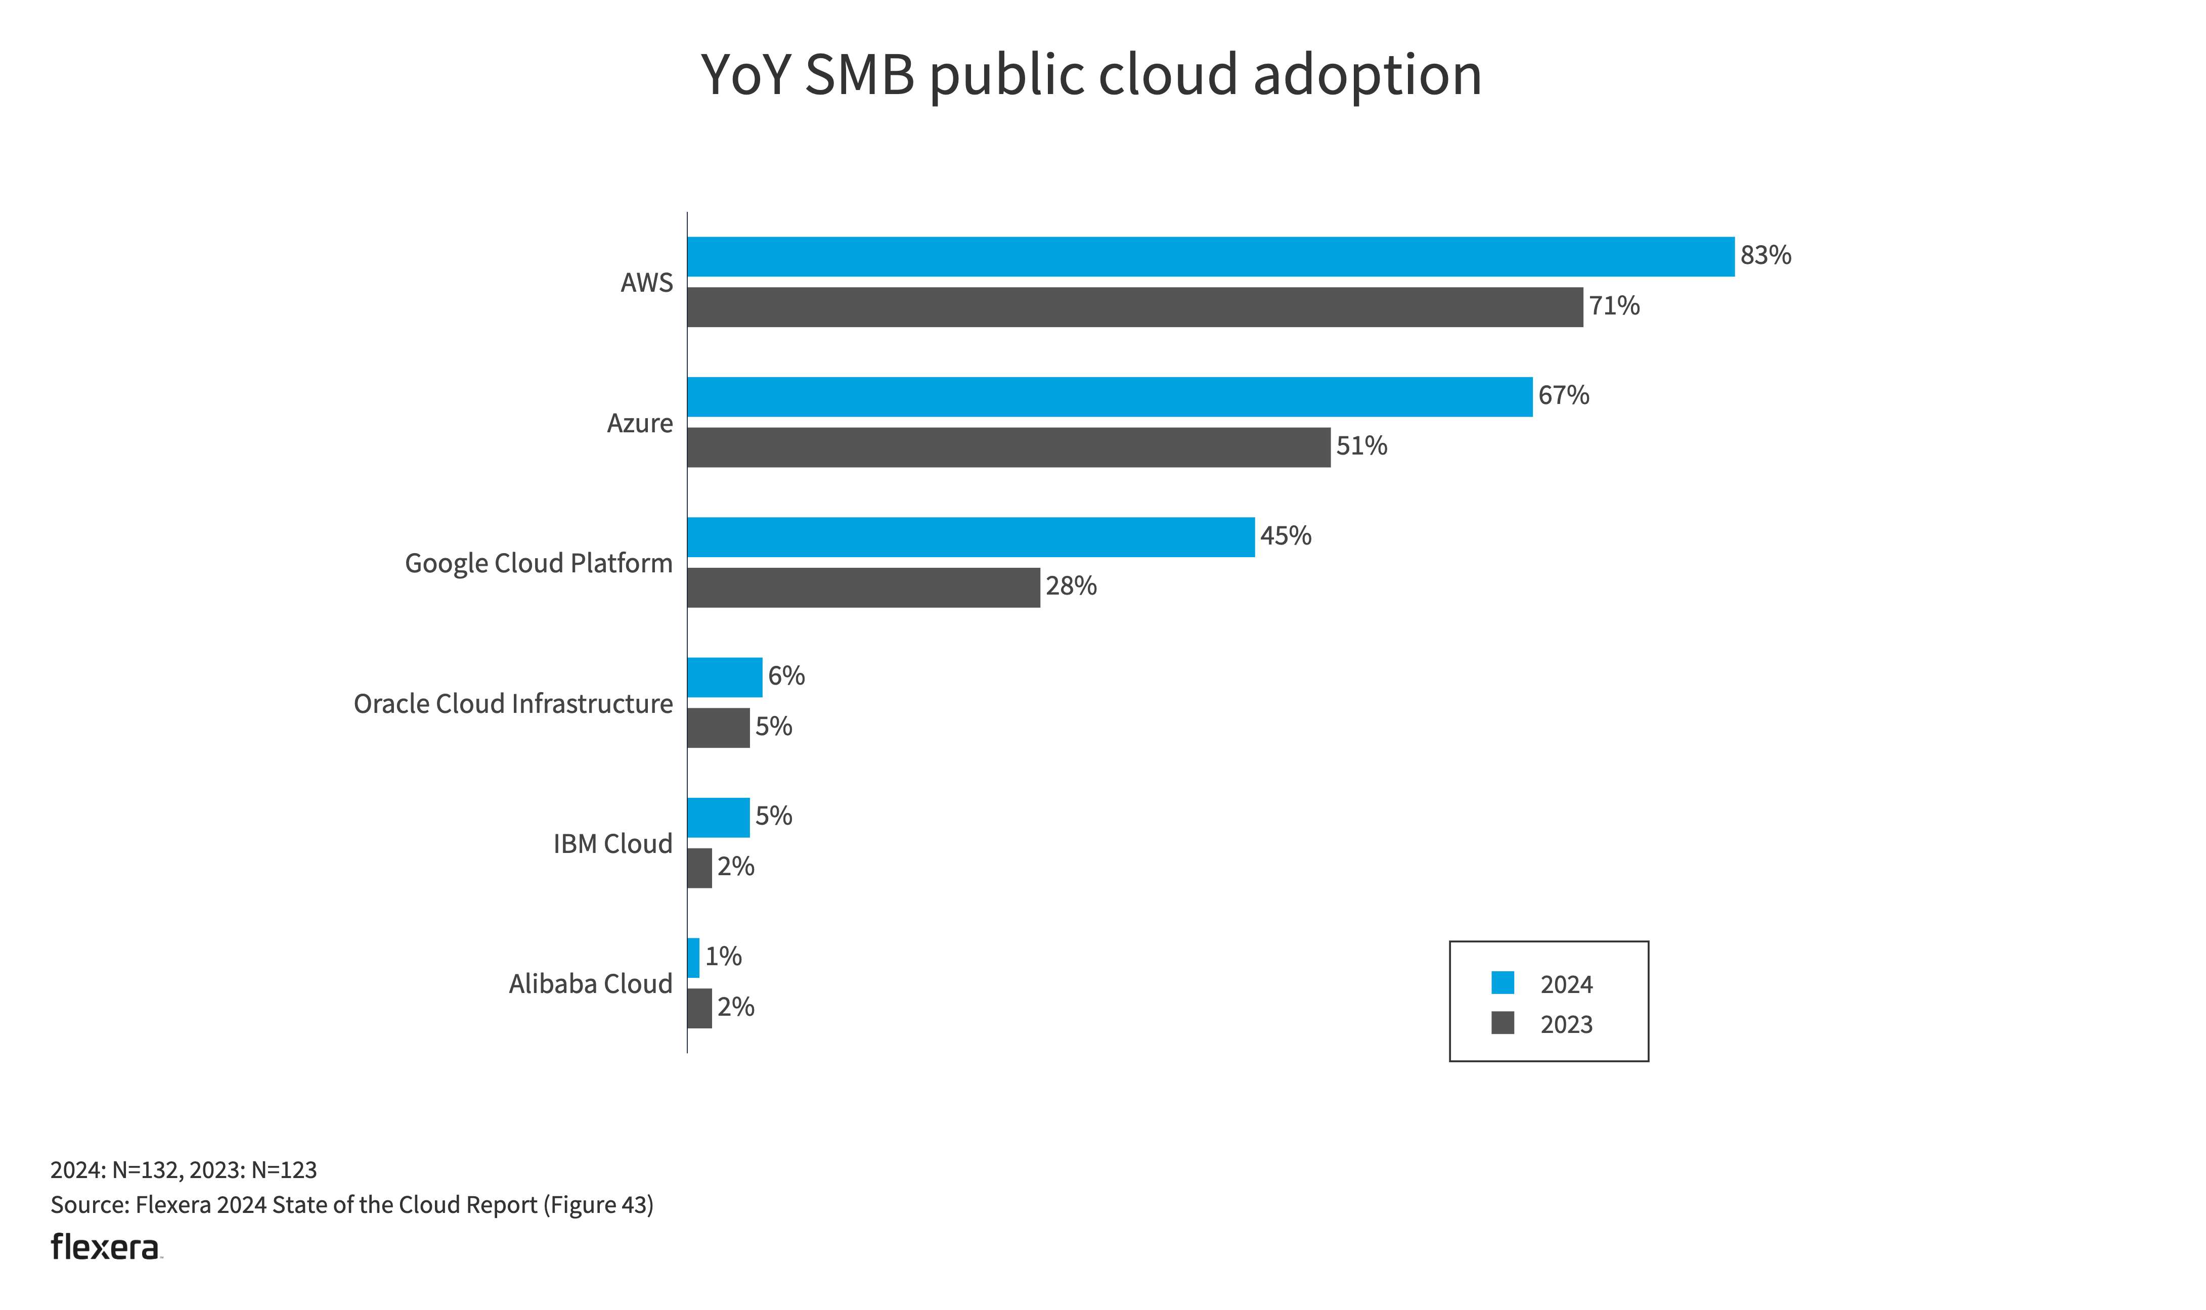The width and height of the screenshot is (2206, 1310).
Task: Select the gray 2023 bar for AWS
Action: (1134, 307)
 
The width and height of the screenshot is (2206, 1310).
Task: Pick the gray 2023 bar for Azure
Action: (1008, 447)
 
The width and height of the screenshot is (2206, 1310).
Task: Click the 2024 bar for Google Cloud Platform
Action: (970, 537)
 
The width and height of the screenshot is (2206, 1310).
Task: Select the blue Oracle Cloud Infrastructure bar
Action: (724, 677)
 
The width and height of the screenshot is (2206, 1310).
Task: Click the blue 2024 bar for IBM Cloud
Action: (718, 818)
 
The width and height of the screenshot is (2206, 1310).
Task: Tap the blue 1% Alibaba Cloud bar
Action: (693, 958)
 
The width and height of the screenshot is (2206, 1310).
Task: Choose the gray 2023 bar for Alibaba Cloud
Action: (699, 1008)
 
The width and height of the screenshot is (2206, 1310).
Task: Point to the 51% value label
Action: (1361, 446)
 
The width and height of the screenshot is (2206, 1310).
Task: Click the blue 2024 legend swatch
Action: (1503, 982)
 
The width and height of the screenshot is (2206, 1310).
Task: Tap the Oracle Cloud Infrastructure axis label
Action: (513, 704)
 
